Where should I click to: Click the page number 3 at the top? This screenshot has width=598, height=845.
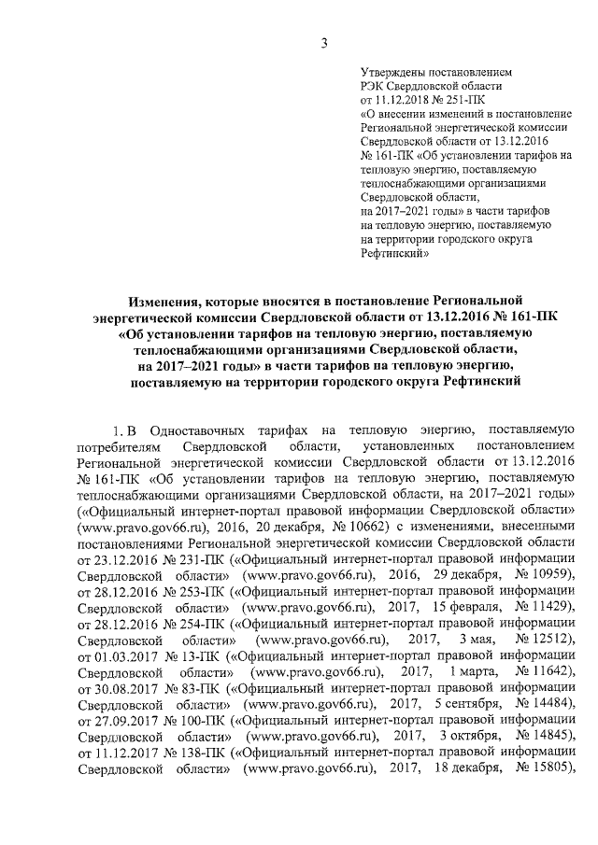pyautogui.click(x=323, y=42)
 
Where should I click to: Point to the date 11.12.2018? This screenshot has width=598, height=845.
pyautogui.click(x=403, y=98)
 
